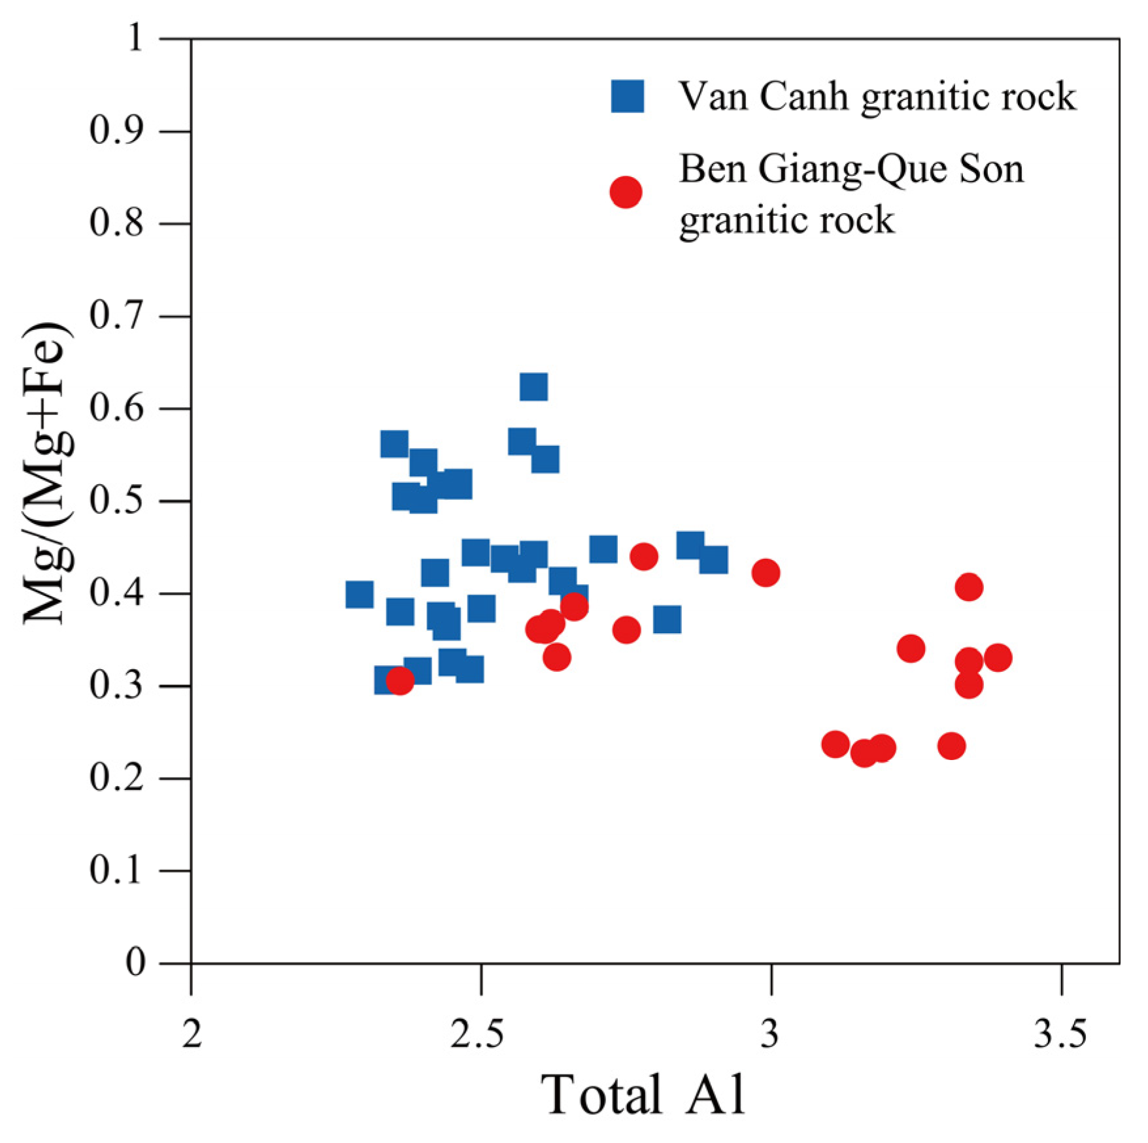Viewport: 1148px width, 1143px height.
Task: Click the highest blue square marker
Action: coord(533,387)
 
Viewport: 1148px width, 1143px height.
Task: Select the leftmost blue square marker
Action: coord(359,595)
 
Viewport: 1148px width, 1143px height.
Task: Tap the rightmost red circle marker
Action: coord(998,657)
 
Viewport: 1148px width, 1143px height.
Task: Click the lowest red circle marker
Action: coord(864,754)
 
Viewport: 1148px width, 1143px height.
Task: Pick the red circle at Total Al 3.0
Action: coord(766,573)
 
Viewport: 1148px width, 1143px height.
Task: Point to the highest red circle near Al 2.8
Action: coord(644,557)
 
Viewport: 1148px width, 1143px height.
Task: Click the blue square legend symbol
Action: coord(627,97)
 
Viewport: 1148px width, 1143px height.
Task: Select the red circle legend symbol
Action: coord(626,192)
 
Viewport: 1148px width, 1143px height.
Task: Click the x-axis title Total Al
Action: coord(643,1094)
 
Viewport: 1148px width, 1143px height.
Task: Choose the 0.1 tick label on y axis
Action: coord(115,871)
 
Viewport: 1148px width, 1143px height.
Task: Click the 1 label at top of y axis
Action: coord(135,39)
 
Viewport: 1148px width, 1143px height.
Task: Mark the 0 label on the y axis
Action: coord(135,963)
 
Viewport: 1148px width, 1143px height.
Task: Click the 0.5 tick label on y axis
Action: coord(115,501)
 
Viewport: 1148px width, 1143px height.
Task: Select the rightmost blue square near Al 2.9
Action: coord(713,560)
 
